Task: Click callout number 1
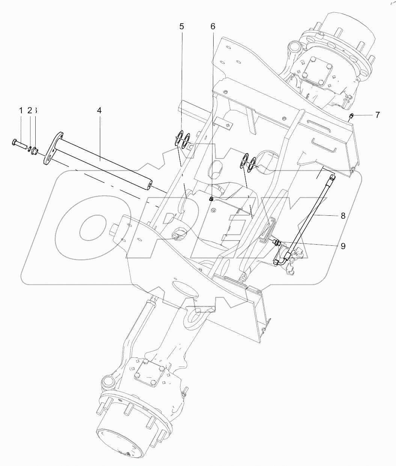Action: click(x=21, y=110)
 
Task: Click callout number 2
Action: click(x=29, y=110)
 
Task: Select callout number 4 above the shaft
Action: click(x=99, y=110)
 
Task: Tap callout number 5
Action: click(x=182, y=26)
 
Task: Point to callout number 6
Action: click(x=213, y=26)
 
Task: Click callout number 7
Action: click(x=377, y=114)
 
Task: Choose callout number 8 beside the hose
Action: click(x=343, y=216)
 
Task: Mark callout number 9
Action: click(x=343, y=246)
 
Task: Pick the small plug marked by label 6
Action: click(x=211, y=199)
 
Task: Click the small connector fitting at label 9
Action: click(x=277, y=243)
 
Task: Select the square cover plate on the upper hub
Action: click(x=318, y=71)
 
